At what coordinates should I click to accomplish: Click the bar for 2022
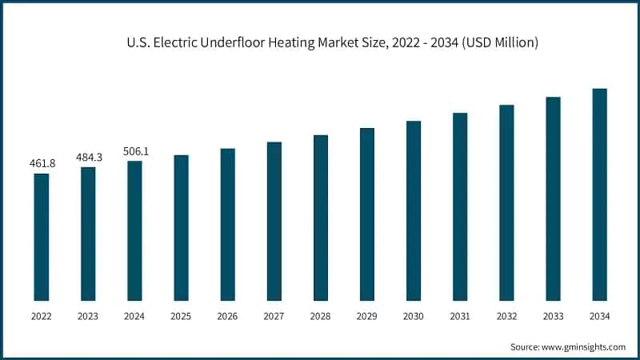42,237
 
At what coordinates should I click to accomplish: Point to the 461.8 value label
42,163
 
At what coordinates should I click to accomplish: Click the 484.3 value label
88,157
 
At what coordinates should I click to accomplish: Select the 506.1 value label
134,150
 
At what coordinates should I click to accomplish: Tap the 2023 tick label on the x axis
88,317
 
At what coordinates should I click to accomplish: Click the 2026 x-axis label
227,317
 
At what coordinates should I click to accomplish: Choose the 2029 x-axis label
366,317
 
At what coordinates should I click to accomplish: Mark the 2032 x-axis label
506,317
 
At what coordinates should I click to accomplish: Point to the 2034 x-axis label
599,317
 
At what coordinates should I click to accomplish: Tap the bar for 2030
413,210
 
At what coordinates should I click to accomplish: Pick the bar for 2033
553,198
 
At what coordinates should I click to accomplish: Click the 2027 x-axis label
274,317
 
